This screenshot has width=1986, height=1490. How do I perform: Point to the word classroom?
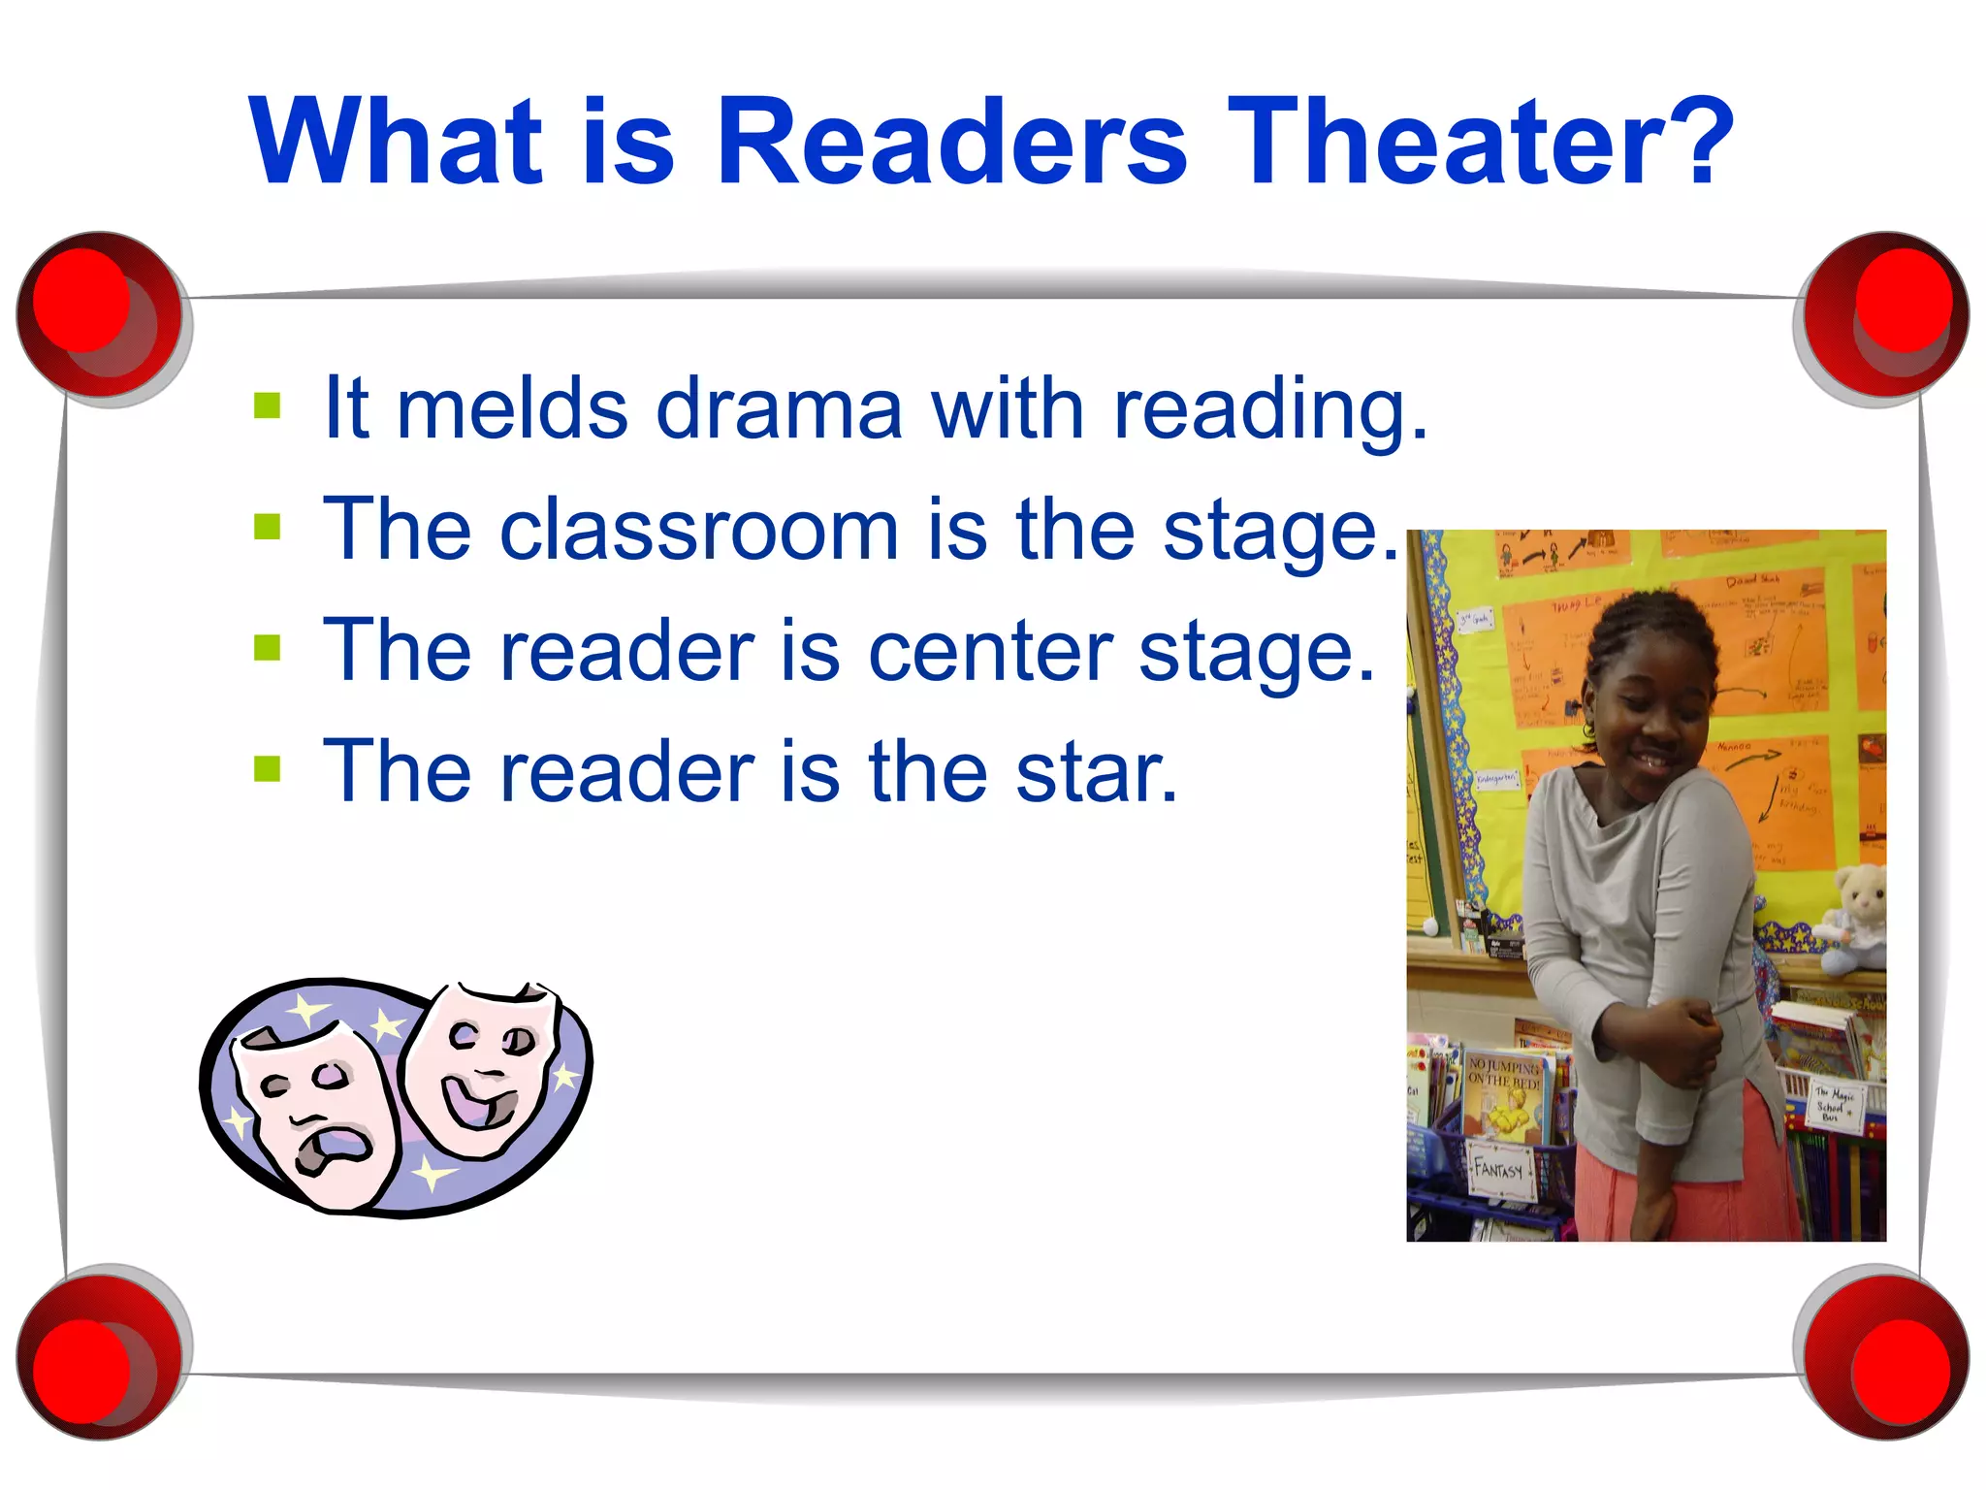[x=698, y=531]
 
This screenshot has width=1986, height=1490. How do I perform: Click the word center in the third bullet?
[x=989, y=652]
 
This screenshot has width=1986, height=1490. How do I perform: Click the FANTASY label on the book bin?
[x=1499, y=1169]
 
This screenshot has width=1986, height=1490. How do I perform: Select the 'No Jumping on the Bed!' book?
[x=1504, y=1096]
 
